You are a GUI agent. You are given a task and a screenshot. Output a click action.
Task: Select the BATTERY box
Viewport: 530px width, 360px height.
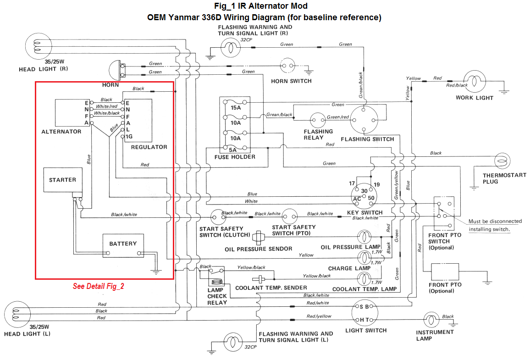(123, 246)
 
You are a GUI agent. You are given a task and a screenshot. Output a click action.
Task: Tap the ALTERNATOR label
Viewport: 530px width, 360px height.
(61, 132)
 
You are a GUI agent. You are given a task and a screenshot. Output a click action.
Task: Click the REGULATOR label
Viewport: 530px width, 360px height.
(149, 147)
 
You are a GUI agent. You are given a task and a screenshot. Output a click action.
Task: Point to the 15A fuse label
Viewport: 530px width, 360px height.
(235, 108)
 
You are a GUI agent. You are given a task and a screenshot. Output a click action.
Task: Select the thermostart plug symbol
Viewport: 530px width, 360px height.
(502, 162)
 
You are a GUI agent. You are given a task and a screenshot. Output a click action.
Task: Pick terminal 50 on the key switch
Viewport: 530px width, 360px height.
(371, 198)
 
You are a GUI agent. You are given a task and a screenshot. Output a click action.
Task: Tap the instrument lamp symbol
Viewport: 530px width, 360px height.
(431, 319)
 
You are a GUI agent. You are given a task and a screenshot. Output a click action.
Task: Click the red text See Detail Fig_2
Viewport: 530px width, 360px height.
(99, 286)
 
